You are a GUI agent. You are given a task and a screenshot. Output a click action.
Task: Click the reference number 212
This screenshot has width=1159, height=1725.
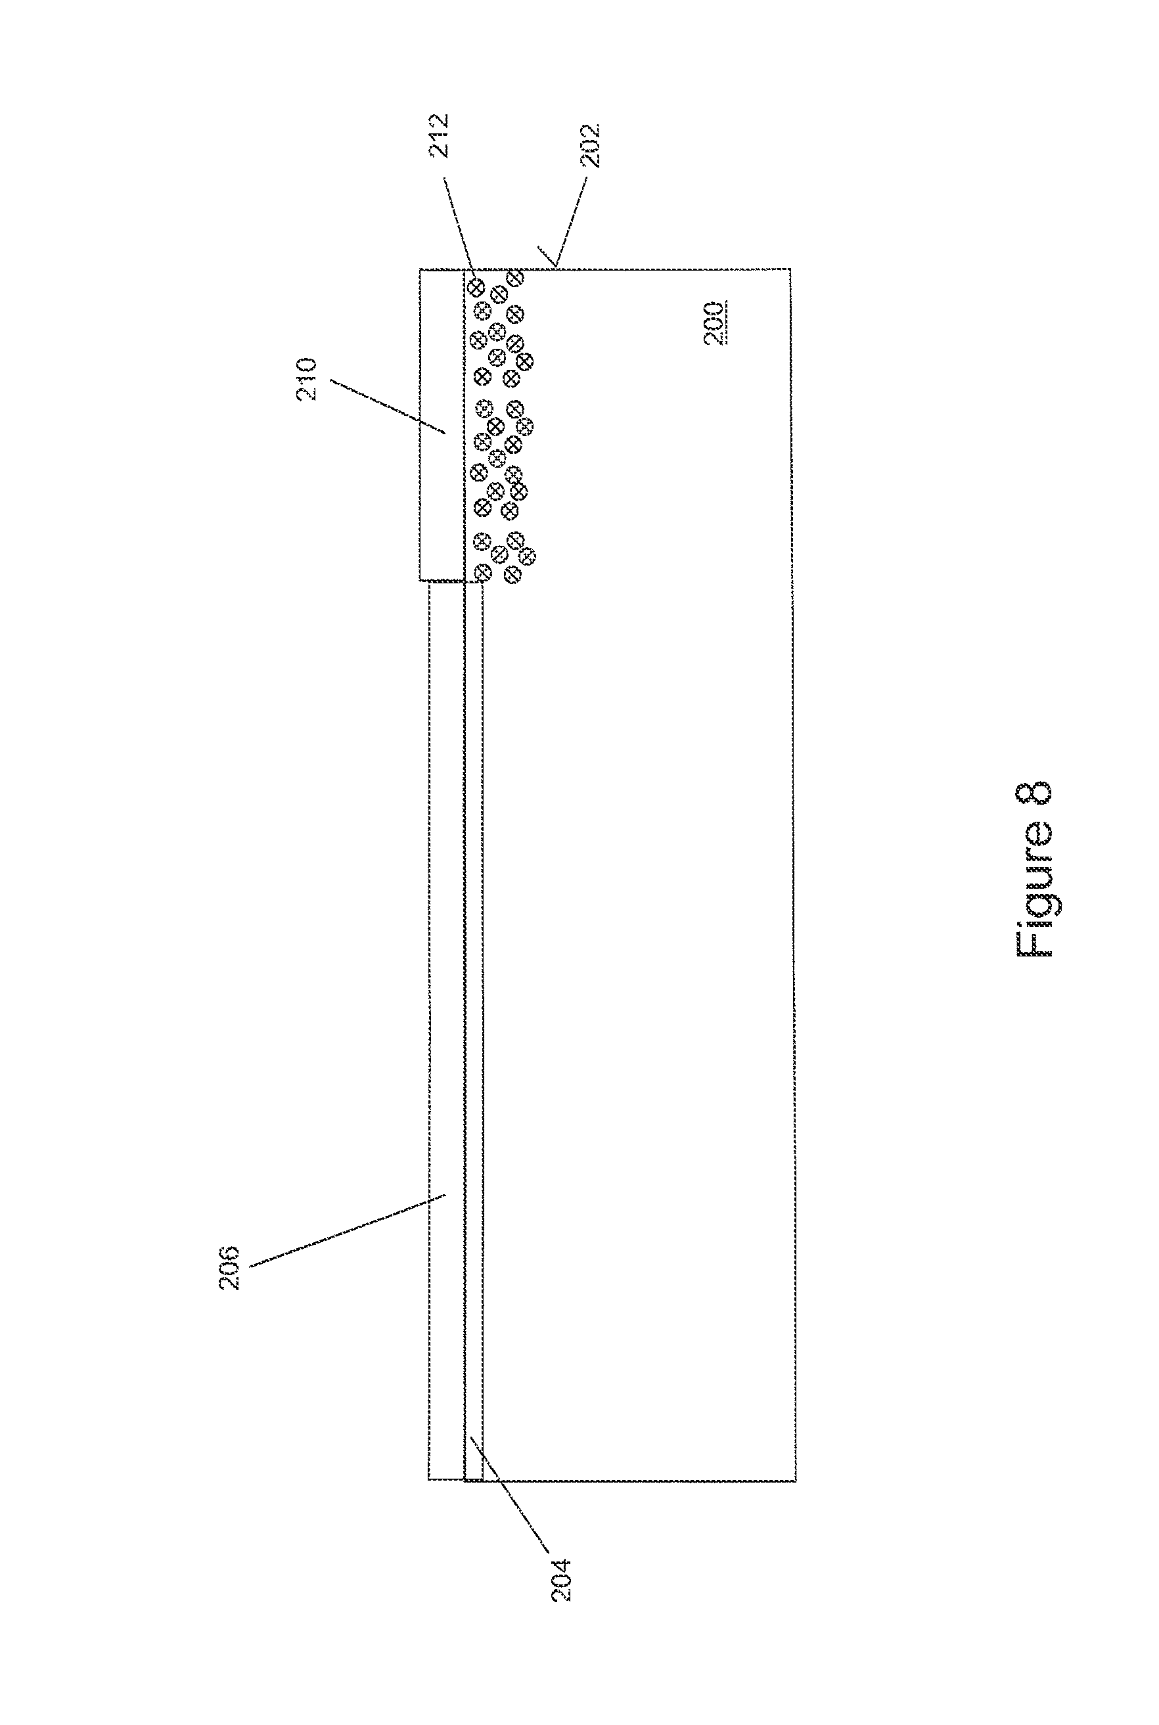click(440, 135)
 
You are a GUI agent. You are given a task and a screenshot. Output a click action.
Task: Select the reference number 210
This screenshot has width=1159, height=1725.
click(306, 379)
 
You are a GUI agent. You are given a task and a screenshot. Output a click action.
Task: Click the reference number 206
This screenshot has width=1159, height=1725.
click(229, 1268)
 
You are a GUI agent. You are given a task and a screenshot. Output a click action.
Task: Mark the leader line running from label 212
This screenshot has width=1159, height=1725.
click(459, 225)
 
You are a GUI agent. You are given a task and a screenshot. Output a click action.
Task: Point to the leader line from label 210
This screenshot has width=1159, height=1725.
click(388, 407)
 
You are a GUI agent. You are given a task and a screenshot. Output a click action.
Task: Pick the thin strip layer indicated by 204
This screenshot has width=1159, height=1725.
click(474, 1035)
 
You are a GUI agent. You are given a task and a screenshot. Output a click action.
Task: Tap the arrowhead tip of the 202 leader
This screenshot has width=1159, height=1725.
click(556, 267)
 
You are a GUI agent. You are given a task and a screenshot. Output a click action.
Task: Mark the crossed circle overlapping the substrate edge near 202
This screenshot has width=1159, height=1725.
click(516, 277)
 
